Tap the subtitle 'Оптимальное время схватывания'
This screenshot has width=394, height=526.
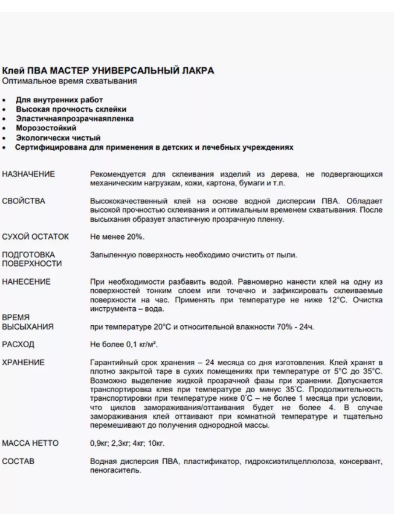(x=70, y=81)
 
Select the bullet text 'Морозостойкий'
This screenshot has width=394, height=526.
(x=46, y=128)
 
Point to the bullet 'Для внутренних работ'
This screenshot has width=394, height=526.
(x=59, y=100)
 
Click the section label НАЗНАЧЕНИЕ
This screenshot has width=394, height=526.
(x=28, y=174)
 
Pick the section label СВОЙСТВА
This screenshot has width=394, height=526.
(x=24, y=201)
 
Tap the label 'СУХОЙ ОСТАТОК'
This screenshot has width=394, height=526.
(x=35, y=237)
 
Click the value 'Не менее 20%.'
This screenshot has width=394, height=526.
(x=117, y=237)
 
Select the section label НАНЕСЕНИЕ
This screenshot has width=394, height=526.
(x=26, y=282)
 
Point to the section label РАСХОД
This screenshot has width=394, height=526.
(x=18, y=345)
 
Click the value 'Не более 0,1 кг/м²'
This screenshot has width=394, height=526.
(x=124, y=345)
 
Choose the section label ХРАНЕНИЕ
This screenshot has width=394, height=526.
(x=23, y=363)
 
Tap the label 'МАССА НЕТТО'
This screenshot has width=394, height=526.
(x=30, y=444)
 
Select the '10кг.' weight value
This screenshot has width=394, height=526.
(x=156, y=444)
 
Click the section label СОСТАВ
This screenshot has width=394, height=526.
(x=18, y=462)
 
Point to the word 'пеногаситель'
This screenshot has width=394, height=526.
(x=115, y=471)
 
